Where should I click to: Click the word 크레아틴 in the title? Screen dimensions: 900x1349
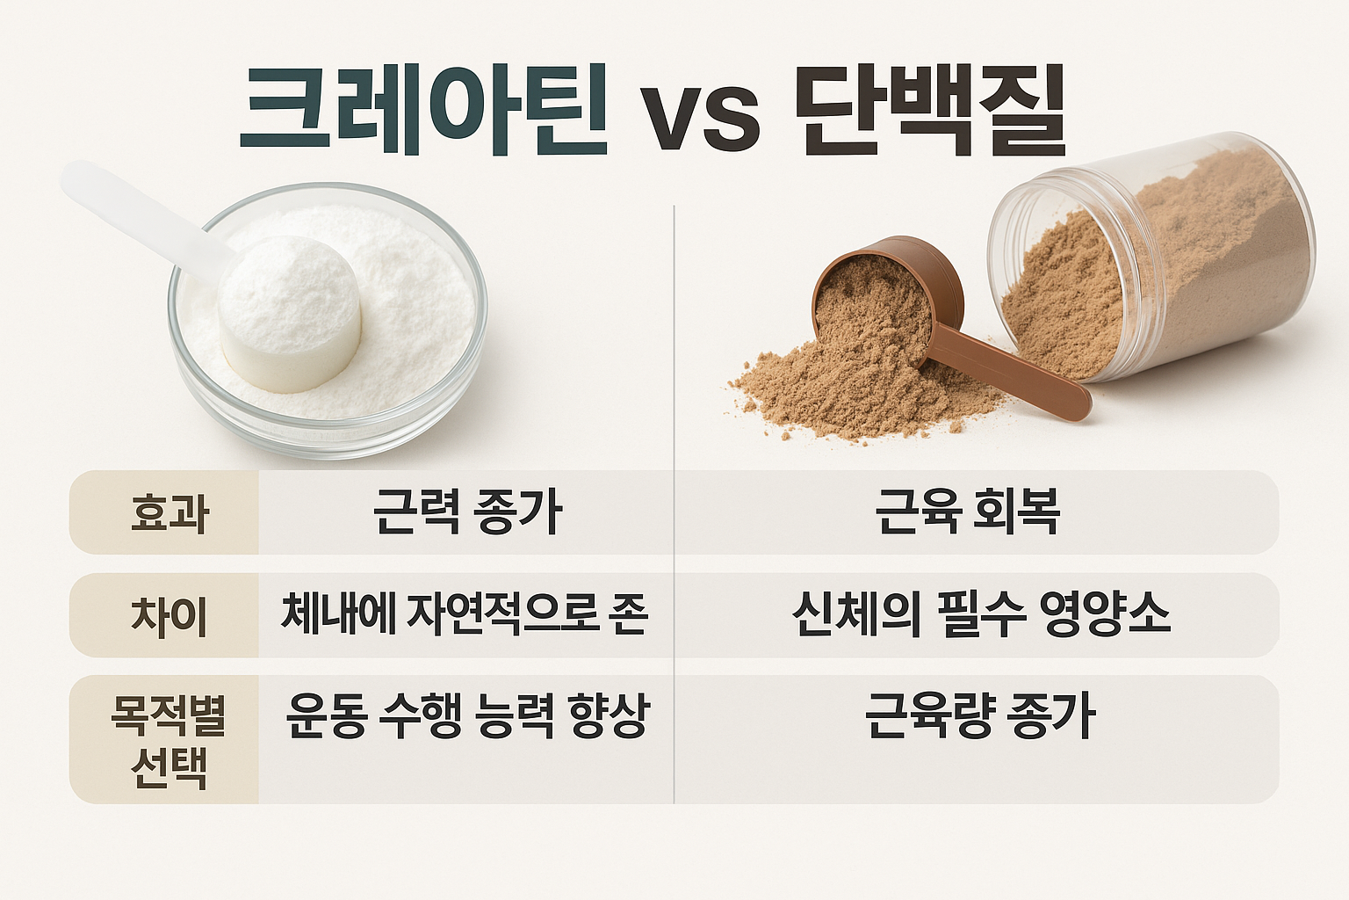pos(423,111)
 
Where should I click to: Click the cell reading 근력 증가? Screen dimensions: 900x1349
pos(466,511)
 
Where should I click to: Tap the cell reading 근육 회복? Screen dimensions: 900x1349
pos(967,511)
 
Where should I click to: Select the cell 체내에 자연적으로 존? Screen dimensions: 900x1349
pos(465,613)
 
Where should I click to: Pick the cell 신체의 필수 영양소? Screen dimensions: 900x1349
pos(980,613)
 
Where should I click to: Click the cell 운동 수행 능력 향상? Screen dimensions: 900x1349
pos(466,716)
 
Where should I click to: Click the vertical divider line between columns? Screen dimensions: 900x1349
pos(674,352)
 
